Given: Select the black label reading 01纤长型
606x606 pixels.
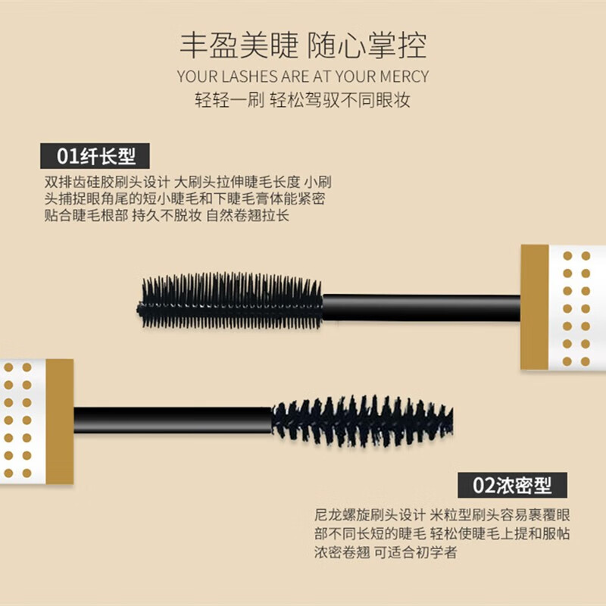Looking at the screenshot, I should (x=95, y=156).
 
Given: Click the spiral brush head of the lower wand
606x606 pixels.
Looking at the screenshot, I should (x=362, y=420).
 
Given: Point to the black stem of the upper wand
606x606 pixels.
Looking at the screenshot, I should (x=421, y=307).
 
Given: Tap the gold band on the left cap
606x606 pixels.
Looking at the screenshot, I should (x=60, y=419).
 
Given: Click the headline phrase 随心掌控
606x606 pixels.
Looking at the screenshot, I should (x=367, y=45).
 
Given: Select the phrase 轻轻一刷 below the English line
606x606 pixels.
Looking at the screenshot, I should (x=228, y=100).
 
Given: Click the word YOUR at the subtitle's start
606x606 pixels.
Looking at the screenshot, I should (x=195, y=77).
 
